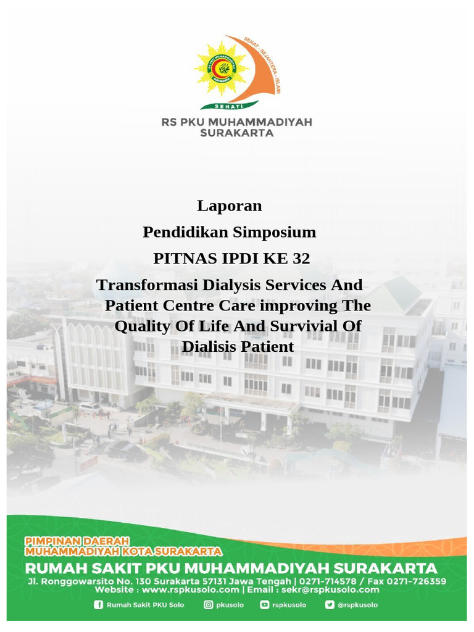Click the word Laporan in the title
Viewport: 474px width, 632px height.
(x=230, y=206)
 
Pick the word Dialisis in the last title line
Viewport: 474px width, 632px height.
(x=208, y=347)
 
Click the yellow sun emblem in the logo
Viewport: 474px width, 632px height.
(x=221, y=69)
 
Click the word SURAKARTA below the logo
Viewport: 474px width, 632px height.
(x=237, y=133)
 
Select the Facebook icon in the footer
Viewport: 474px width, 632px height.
(x=99, y=605)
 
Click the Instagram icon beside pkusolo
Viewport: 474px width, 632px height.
(x=209, y=605)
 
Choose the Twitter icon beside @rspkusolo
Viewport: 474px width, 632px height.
(x=330, y=605)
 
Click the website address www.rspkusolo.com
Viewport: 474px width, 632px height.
(x=186, y=590)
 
